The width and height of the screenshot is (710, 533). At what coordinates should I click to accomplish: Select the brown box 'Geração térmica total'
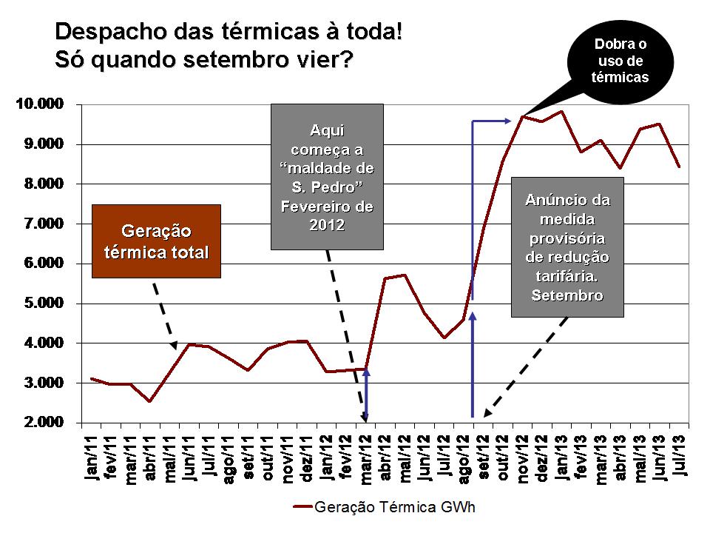coord(156,241)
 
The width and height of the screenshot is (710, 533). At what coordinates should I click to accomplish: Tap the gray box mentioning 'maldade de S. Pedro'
coord(327,176)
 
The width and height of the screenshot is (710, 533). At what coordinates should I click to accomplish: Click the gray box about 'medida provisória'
coord(567,247)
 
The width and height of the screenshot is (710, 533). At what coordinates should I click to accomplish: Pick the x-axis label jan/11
coord(92,459)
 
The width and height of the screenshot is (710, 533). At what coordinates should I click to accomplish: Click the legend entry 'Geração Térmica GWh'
coord(385,508)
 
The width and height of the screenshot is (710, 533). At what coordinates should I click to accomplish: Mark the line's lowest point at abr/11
coord(150,401)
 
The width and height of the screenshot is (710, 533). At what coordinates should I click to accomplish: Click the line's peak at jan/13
coord(562,111)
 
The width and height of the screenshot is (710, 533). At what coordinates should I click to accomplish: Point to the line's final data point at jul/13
coord(679,167)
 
